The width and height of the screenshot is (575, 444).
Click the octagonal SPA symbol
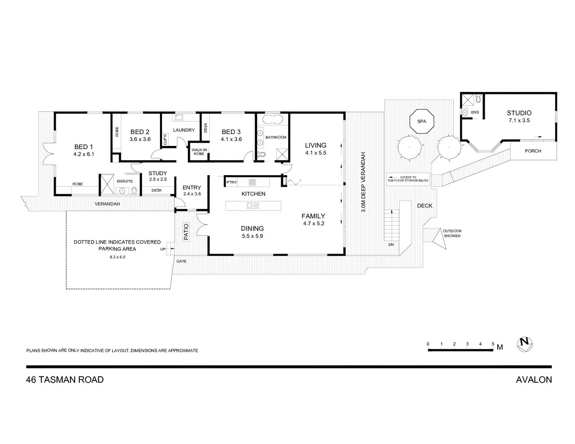click(x=422, y=121)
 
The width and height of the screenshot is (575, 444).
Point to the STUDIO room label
click(x=519, y=113)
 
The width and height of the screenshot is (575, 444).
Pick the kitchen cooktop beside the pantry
click(x=252, y=182)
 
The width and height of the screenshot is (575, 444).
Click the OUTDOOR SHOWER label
click(x=452, y=233)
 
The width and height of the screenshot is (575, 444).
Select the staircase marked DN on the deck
click(x=392, y=225)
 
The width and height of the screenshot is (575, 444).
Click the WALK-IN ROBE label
click(x=199, y=152)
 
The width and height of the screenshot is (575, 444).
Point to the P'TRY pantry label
click(x=232, y=182)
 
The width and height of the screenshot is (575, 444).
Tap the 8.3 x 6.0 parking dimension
click(x=117, y=257)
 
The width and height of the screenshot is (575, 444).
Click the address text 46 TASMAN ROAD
click(x=65, y=379)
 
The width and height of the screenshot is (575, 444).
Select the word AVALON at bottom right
click(x=533, y=379)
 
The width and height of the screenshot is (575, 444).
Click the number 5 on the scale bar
click(x=493, y=344)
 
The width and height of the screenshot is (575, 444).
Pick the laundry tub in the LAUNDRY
click(x=179, y=118)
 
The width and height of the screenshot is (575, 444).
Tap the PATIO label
click(x=186, y=231)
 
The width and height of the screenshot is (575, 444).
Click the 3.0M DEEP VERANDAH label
click(x=364, y=182)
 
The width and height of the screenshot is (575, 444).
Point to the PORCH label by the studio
click(x=533, y=151)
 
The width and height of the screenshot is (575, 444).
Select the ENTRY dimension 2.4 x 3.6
click(x=192, y=194)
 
